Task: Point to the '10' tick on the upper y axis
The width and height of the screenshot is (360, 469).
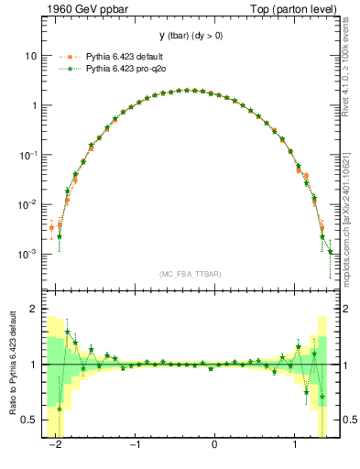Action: [30, 56]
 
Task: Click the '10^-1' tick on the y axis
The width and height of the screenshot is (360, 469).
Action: [28, 154]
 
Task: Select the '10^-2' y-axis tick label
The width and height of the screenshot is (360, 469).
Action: [28, 203]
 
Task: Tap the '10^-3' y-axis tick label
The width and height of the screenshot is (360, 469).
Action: [28, 253]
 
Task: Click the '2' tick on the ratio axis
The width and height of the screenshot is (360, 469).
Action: [33, 310]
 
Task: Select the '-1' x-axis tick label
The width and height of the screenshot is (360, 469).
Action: [134, 446]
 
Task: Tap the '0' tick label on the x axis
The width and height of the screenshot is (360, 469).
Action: [215, 446]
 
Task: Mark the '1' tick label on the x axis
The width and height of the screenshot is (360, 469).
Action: [295, 446]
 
